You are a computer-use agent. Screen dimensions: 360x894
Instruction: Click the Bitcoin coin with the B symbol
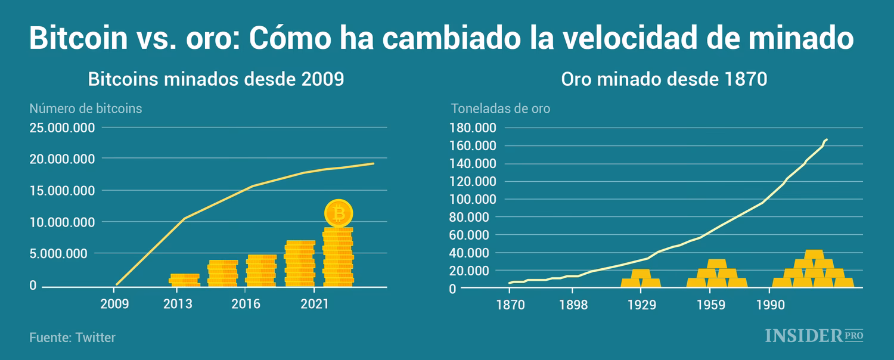click(339, 213)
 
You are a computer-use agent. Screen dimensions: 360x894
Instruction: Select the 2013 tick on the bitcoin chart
click(178, 304)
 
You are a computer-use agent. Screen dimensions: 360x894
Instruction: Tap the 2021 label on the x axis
click(315, 304)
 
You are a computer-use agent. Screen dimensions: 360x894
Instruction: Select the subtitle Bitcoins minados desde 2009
click(216, 79)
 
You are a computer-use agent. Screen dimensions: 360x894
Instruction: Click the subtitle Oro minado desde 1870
click(663, 79)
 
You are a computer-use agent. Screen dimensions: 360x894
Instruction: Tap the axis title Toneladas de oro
click(500, 108)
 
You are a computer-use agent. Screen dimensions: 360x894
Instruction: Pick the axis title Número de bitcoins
click(86, 108)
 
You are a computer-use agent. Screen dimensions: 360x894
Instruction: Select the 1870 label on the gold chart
click(510, 305)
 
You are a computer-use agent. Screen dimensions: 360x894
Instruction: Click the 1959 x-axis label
click(709, 305)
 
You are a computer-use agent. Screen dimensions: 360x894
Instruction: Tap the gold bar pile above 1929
click(641, 278)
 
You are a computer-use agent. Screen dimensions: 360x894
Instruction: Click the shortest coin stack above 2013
click(184, 280)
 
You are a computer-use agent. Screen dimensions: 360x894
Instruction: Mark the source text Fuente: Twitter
click(72, 337)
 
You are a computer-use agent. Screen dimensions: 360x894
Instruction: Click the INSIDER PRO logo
click(814, 336)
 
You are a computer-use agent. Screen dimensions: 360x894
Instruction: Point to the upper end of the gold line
click(827, 139)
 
